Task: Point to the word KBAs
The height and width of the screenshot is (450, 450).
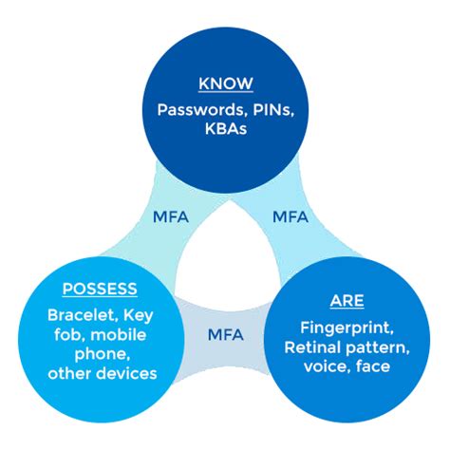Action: coord(225,128)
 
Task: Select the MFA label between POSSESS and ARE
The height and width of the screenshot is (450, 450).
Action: coord(225,335)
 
